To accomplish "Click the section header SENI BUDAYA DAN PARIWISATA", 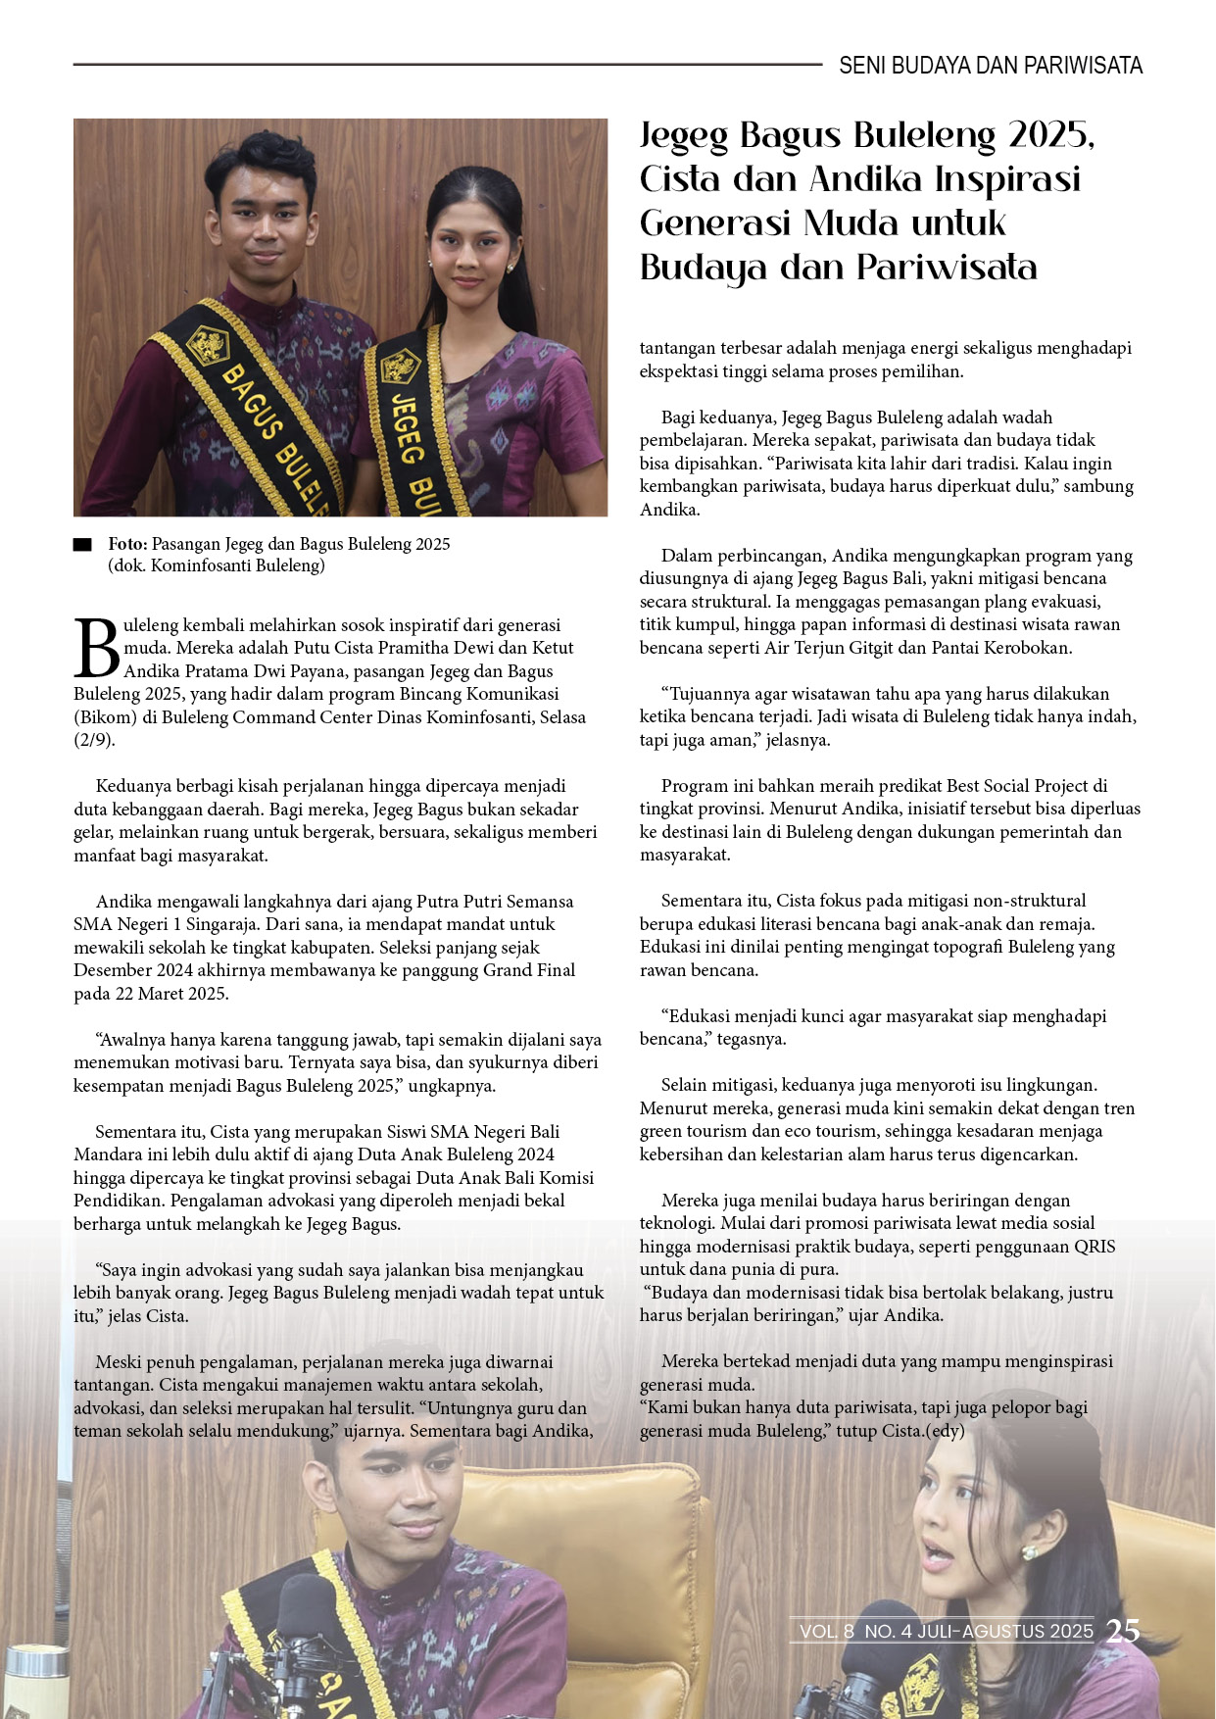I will click(990, 66).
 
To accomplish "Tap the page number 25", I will click(1123, 1631).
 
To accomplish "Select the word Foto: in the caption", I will click(127, 544).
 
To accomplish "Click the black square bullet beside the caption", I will click(82, 545).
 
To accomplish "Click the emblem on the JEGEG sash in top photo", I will click(400, 367).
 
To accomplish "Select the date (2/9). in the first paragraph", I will click(94, 740).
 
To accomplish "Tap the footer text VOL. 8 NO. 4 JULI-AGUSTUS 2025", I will click(946, 1631).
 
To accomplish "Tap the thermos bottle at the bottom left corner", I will click(34, 1681).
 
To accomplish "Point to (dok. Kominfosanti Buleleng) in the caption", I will click(216, 565).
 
